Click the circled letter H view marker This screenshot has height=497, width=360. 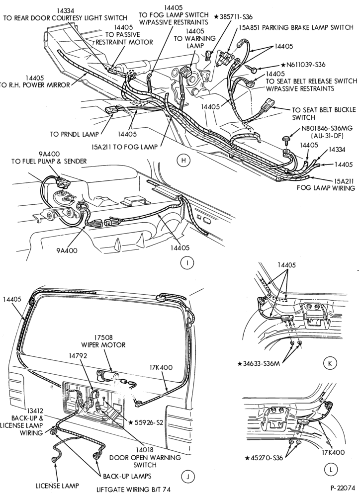click(183, 161)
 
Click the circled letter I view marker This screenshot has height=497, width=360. click(187, 263)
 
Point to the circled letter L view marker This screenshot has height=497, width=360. click(332, 470)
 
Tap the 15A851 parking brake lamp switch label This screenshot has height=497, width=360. click(296, 27)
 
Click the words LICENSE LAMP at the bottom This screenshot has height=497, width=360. click(57, 486)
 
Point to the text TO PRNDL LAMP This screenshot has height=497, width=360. click(74, 134)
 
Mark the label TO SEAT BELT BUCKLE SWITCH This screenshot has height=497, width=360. click(324, 114)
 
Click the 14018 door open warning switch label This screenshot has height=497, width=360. click(145, 457)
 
